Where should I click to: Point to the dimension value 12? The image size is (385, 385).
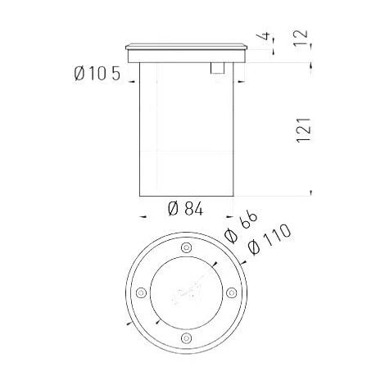[303, 38]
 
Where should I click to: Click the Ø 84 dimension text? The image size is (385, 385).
[185, 209]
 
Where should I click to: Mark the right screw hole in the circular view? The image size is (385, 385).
[232, 292]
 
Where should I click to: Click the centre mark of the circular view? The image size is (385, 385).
[186, 292]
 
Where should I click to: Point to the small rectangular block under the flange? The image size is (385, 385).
[217, 69]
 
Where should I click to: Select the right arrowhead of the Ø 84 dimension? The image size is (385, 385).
[230, 215]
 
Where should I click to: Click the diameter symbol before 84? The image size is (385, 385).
[173, 209]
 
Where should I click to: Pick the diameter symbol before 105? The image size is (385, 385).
[80, 75]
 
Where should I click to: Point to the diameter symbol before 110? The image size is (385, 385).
[254, 247]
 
